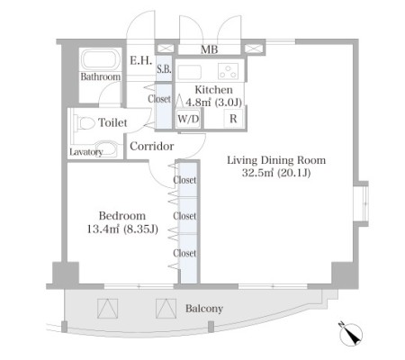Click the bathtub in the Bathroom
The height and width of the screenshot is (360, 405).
(x=99, y=60)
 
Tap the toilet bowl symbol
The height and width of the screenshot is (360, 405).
(x=85, y=123)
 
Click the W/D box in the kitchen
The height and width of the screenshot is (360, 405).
(x=188, y=119)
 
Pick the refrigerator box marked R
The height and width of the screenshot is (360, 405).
(x=233, y=119)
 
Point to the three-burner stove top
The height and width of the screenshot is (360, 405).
(x=229, y=71)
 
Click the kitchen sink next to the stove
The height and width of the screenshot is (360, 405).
(x=190, y=72)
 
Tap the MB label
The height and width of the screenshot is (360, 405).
(x=209, y=49)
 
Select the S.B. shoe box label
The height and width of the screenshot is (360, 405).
(x=164, y=69)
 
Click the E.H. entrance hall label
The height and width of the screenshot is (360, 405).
(x=140, y=60)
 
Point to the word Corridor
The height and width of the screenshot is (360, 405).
(x=152, y=146)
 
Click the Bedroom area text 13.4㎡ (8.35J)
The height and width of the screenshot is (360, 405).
(x=122, y=229)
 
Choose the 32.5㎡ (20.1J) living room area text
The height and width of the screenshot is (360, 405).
(x=276, y=173)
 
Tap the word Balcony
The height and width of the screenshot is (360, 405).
(x=204, y=309)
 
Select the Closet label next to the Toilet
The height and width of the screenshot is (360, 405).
(x=159, y=99)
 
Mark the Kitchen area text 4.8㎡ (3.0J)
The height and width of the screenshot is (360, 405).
(x=213, y=103)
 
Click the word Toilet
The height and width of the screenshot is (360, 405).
(x=112, y=122)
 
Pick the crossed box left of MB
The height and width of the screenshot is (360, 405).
(x=166, y=49)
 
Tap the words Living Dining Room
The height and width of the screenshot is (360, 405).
(x=276, y=160)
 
